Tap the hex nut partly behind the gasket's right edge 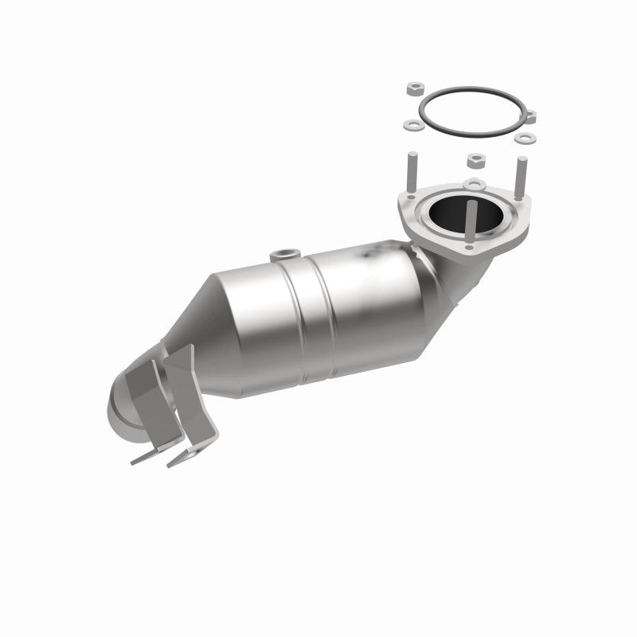coord(530,117)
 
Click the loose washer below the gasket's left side coord(413,125)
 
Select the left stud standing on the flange coord(416,172)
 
